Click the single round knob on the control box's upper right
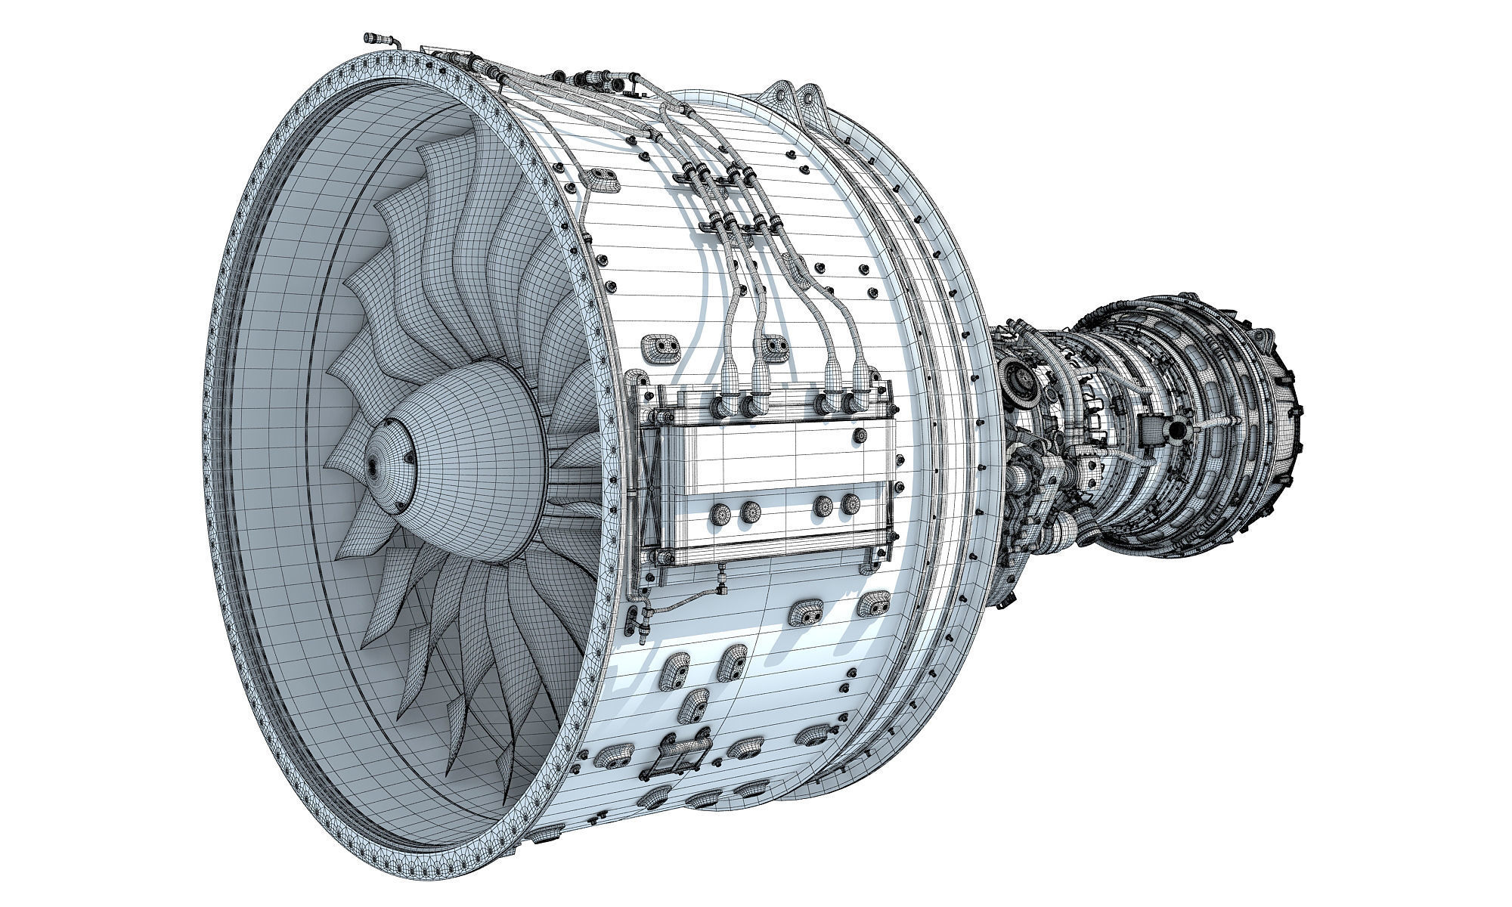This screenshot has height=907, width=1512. click(860, 435)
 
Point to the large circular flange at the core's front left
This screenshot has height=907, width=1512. click(1018, 376)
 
